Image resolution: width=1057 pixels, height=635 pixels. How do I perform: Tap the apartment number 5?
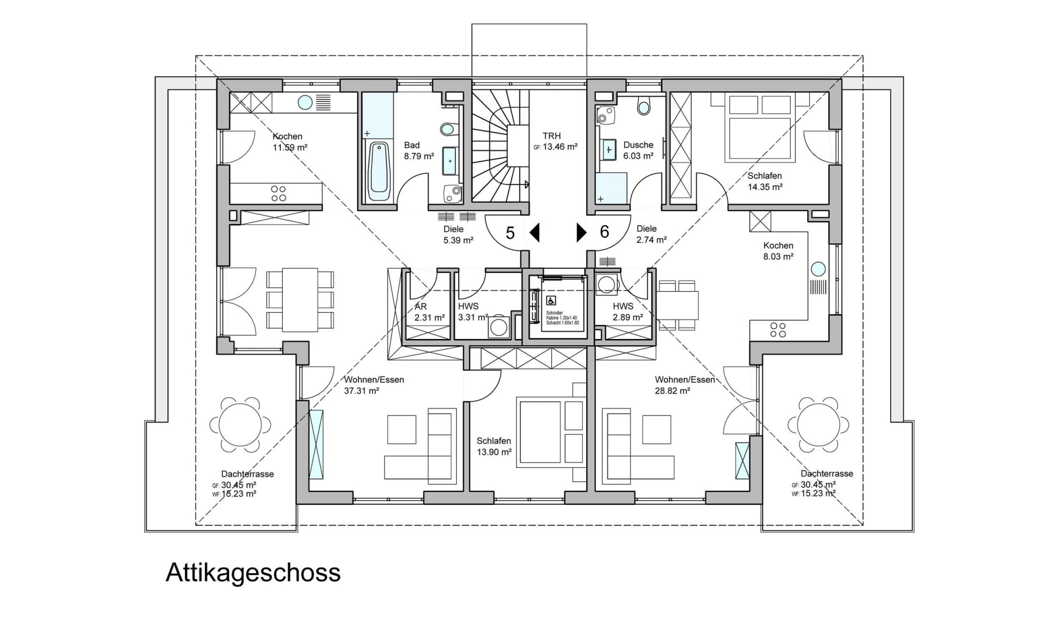[x=510, y=233]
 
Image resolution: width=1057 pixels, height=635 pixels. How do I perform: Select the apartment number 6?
[x=604, y=232]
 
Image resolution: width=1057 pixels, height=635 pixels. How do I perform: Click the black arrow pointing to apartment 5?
[x=535, y=233]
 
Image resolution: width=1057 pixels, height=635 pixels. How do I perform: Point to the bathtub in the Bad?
[x=379, y=172]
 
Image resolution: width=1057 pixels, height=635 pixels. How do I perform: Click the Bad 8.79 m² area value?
[x=419, y=156]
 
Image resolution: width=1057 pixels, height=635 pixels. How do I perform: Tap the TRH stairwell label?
[x=552, y=136]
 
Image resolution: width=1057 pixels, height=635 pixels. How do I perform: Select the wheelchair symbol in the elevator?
[x=551, y=301]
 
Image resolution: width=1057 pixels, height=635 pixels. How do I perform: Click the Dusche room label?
[x=638, y=145]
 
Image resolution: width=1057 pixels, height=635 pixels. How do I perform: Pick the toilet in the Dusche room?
[x=644, y=107]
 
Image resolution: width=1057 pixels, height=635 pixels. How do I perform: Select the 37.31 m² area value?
[x=362, y=391]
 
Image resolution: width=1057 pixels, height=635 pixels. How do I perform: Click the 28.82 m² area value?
[x=672, y=391]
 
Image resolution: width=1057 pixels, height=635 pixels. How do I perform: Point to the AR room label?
[x=421, y=306]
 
